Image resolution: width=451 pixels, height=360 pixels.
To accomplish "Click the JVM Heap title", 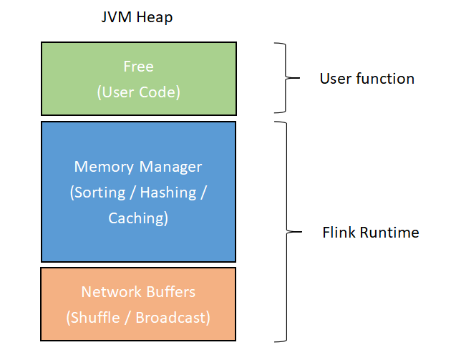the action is tap(137, 17).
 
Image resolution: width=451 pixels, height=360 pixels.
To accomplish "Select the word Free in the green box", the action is tap(139, 67).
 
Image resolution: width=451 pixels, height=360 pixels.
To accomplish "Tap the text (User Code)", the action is tap(139, 92).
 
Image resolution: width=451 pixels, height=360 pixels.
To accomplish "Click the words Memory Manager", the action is tap(138, 167).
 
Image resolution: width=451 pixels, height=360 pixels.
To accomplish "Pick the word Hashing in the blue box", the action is tap(168, 192).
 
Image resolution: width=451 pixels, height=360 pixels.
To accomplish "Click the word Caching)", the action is tap(138, 218).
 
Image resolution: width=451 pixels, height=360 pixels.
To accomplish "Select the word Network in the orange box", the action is tap(112, 292).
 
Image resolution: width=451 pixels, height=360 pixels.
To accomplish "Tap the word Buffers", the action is tap(171, 292).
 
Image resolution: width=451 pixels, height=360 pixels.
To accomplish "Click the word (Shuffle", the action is tap(93, 318).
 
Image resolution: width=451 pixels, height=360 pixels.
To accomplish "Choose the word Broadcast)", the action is tap(173, 318).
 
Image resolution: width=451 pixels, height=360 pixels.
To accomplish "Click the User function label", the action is tap(367, 79).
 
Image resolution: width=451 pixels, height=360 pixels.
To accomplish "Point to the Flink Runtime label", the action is tap(371, 233).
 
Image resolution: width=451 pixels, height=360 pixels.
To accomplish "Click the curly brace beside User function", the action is tap(286, 77).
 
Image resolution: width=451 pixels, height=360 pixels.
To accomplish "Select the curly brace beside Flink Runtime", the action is tap(287, 232).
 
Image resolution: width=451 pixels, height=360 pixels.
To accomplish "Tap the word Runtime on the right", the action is tap(389, 233).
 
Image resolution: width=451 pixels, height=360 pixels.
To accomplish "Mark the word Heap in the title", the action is tap(155, 18).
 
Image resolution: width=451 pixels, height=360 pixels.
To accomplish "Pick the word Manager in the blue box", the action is tap(170, 167).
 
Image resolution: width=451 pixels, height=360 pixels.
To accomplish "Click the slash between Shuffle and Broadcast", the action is tap(127, 318).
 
